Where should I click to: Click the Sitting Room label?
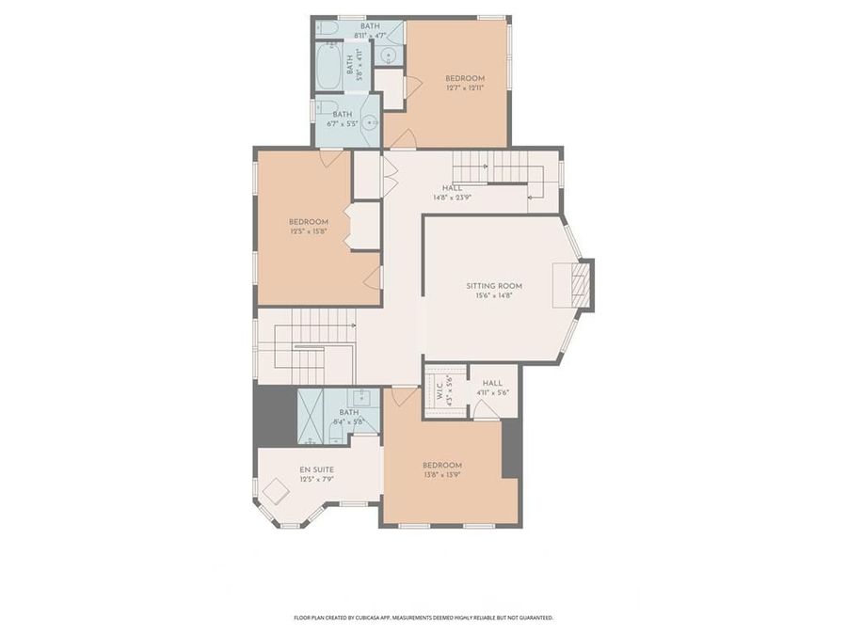[x=493, y=286]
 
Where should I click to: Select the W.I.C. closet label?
[x=439, y=389]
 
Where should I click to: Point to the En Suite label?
[x=316, y=469]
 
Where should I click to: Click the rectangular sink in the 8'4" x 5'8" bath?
[x=362, y=397]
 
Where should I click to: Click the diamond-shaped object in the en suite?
[x=276, y=492]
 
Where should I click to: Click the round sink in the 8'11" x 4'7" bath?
[x=390, y=55]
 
